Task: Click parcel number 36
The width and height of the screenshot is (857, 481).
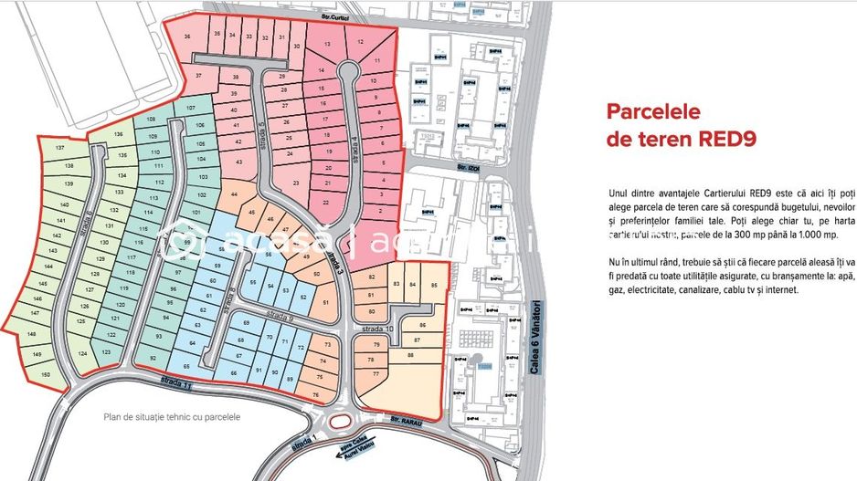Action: pos(187,37)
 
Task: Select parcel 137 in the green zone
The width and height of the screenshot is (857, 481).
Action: pos(60,148)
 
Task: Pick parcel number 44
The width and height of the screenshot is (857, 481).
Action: pos(235,194)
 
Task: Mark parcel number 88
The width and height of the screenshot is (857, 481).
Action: pos(410,354)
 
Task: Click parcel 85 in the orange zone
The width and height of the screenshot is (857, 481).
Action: pos(434,286)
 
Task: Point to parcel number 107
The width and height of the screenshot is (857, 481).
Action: pos(190,109)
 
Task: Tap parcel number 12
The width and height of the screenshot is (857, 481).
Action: pos(359,42)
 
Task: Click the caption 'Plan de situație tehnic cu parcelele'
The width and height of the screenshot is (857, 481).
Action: pos(172,417)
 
